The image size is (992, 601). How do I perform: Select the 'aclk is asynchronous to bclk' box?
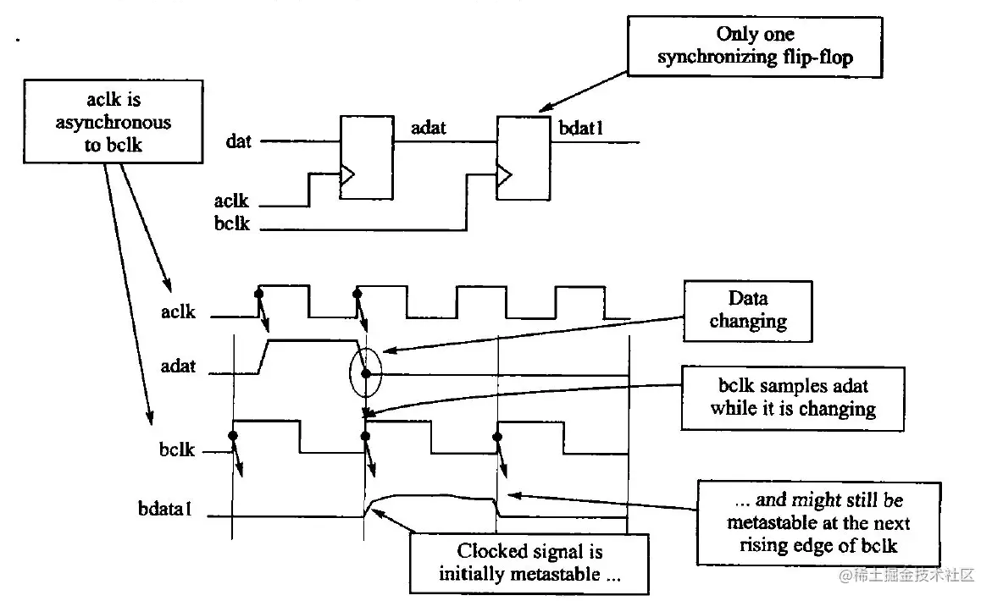pos(114,122)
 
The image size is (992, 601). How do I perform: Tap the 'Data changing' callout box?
pos(747,310)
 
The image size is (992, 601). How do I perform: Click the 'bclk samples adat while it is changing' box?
pos(794,398)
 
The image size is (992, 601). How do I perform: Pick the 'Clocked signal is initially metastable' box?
pos(529,563)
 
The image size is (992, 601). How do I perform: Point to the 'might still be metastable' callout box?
pos(819,522)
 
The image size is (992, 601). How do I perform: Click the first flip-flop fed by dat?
pos(366,157)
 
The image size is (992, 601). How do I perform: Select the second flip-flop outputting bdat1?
pos(523,158)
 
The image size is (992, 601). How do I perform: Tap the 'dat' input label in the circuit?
pos(239,141)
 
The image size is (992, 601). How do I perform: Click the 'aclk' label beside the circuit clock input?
pos(231,201)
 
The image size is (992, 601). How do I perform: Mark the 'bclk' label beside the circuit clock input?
pos(231,225)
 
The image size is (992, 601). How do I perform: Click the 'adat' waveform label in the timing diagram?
pos(178,367)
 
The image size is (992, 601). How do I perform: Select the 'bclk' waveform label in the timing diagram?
pos(178,450)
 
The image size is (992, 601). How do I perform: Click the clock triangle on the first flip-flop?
pos(347,175)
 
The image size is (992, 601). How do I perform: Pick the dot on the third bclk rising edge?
pos(498,437)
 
